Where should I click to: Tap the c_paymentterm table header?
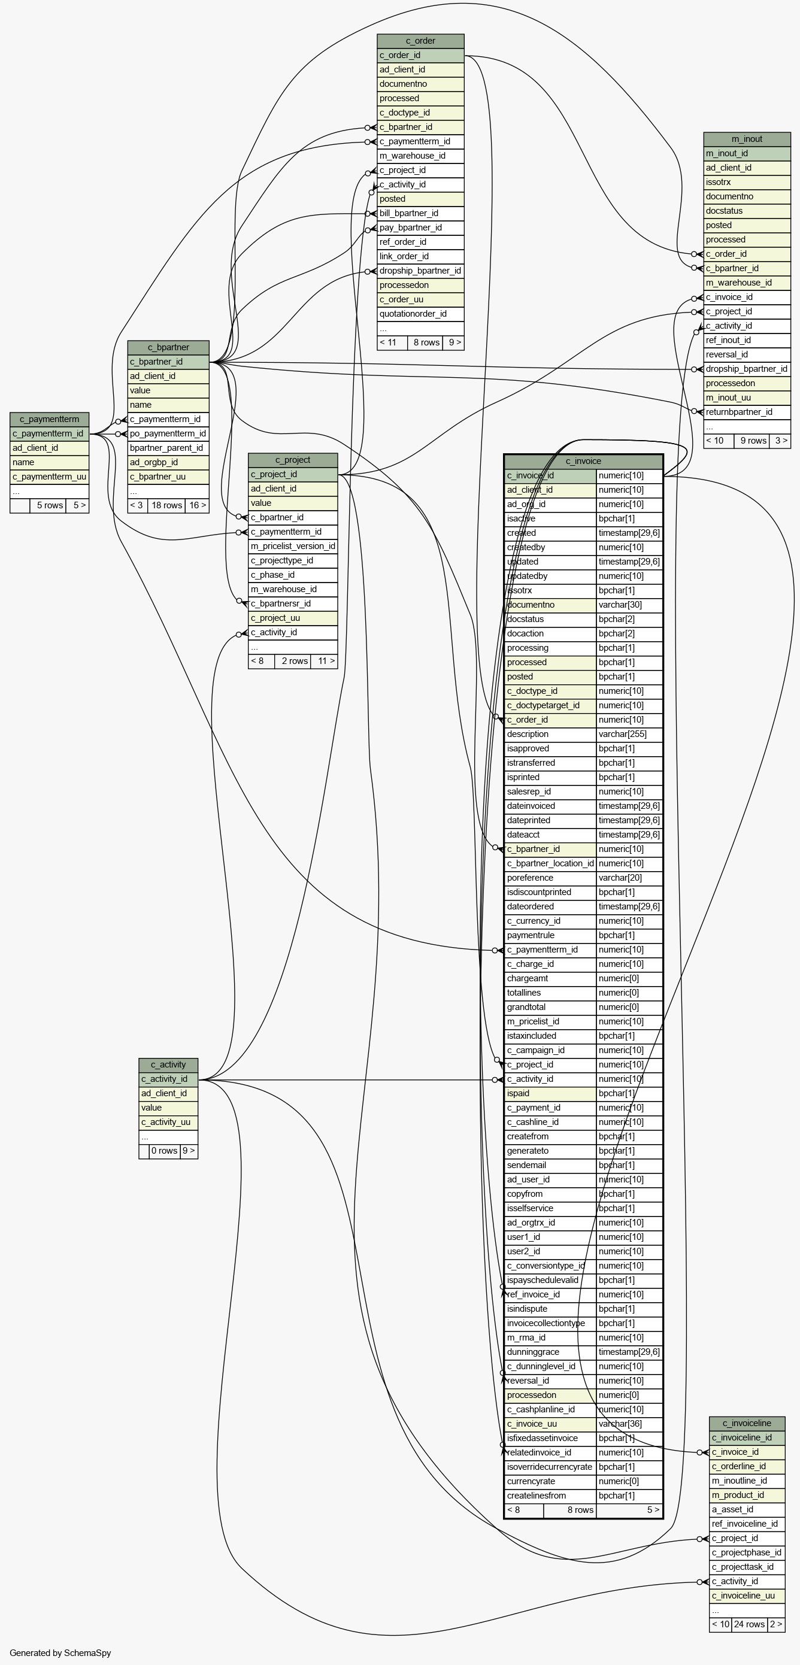(x=49, y=419)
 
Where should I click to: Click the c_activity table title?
(x=168, y=1064)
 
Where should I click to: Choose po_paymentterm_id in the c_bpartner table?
(x=168, y=433)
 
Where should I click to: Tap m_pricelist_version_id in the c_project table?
(x=293, y=546)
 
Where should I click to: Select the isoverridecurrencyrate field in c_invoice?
(x=550, y=1467)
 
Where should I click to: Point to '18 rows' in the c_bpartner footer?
(x=166, y=505)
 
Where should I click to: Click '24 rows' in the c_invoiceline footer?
(x=750, y=1624)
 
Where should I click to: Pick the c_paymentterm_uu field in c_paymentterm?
(x=49, y=477)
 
